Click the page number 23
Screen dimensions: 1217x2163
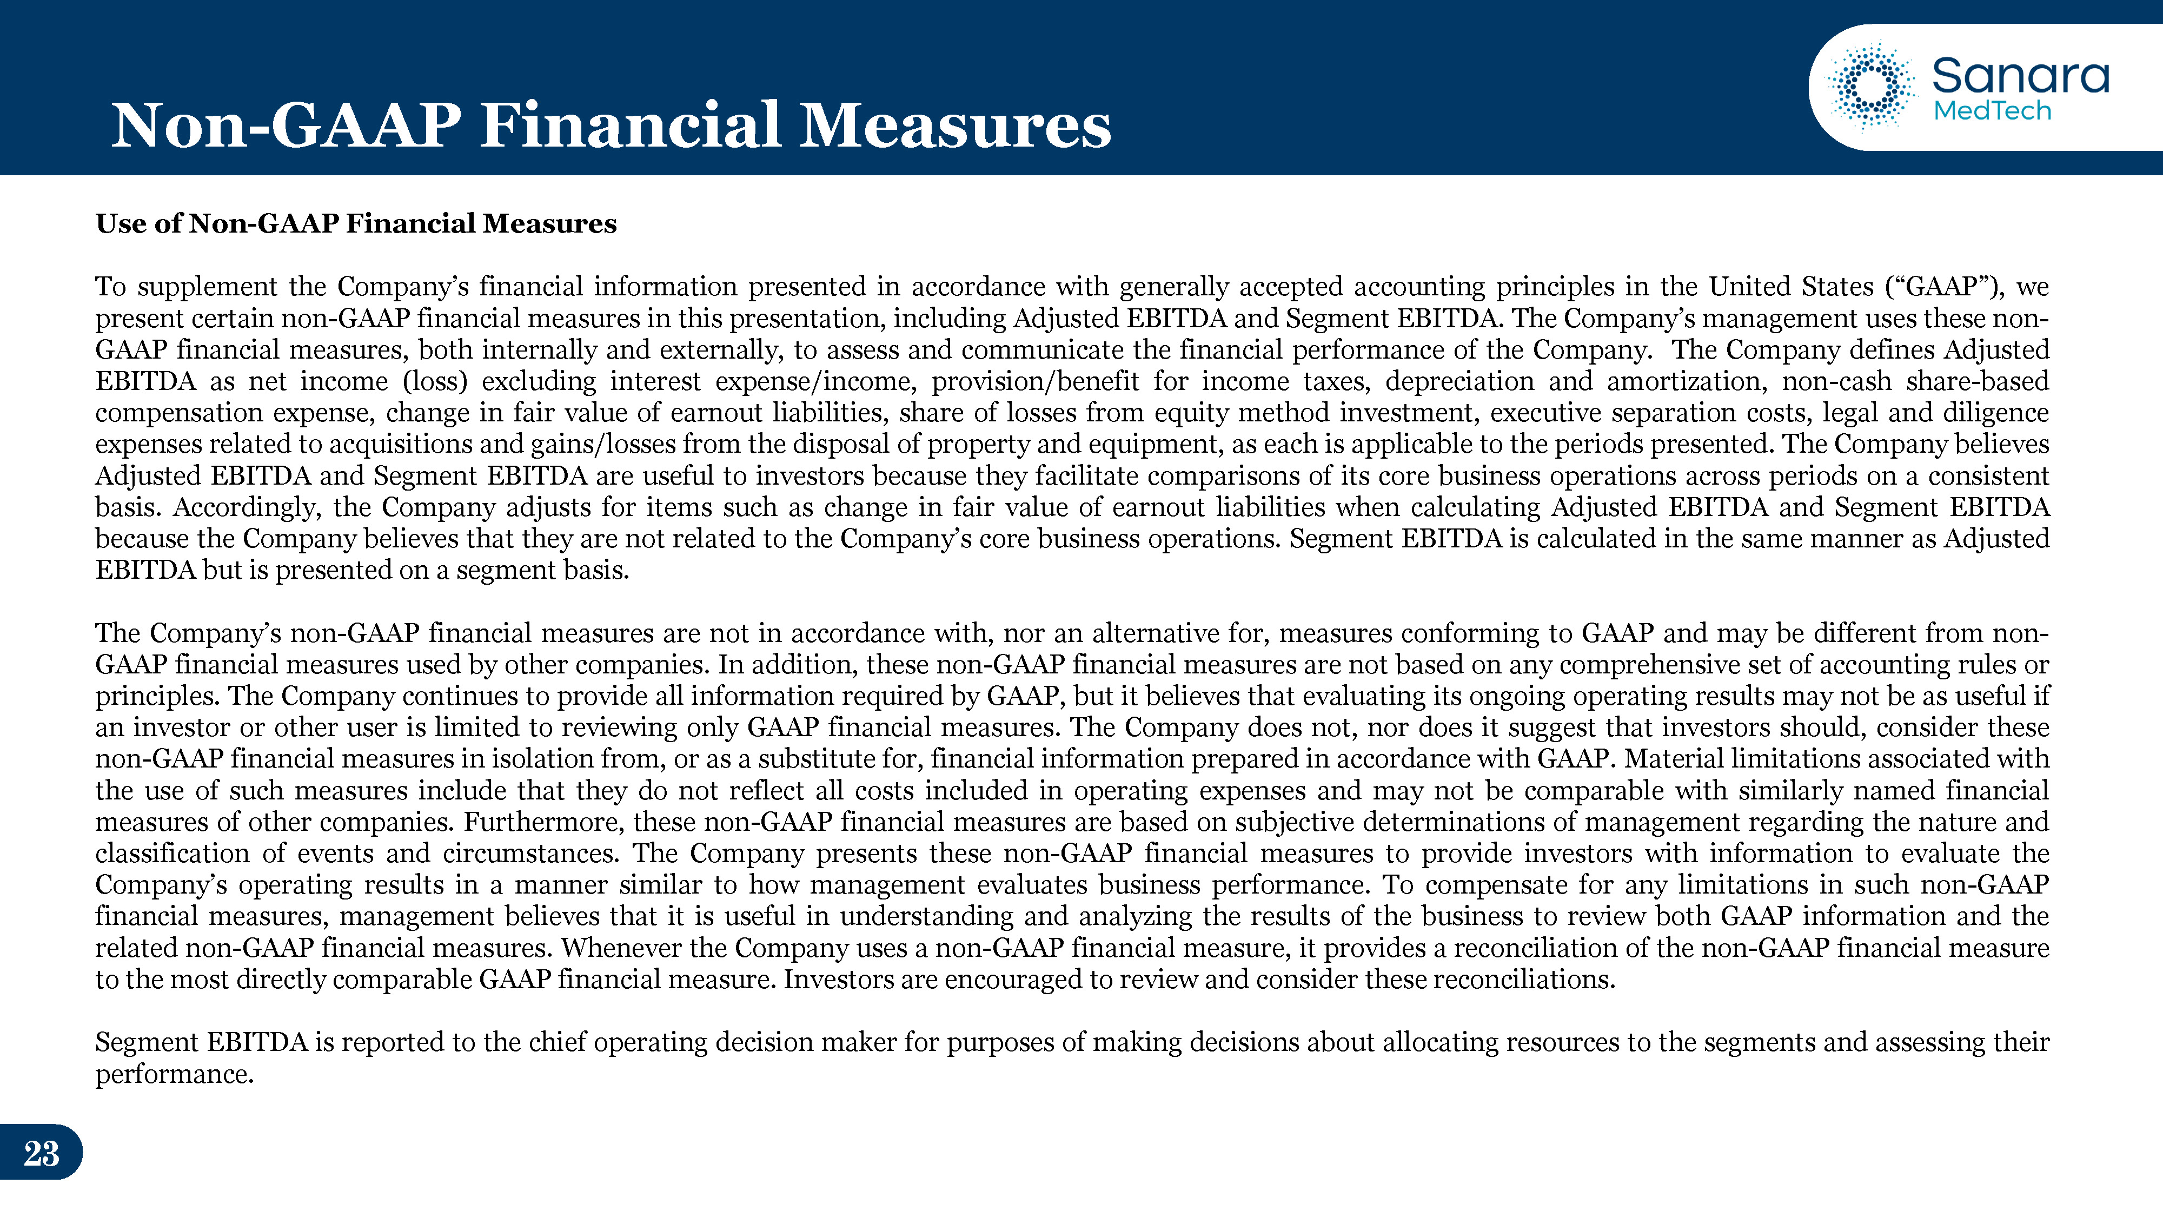(x=41, y=1153)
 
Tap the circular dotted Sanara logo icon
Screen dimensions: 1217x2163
(x=1872, y=87)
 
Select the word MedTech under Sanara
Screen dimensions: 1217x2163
(x=1992, y=111)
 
